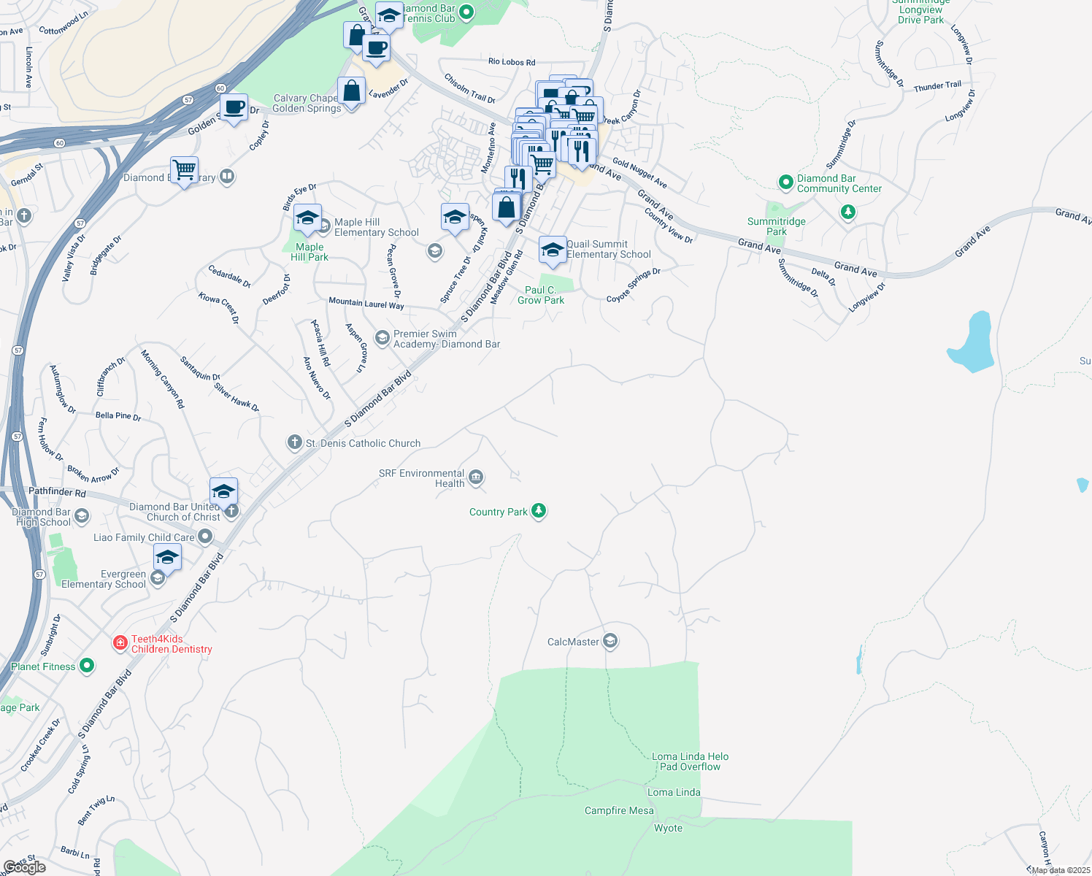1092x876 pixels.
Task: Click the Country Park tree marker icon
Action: pyautogui.click(x=539, y=510)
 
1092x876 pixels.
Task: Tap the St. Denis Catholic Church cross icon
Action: pyautogui.click(x=294, y=442)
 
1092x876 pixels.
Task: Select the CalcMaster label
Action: pyautogui.click(x=573, y=642)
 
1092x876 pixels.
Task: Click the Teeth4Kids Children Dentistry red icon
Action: pyautogui.click(x=120, y=642)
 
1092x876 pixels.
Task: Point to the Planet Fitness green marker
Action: pyautogui.click(x=87, y=666)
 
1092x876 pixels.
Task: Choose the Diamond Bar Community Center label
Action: pyautogui.click(x=839, y=183)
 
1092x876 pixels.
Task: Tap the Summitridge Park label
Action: pyautogui.click(x=776, y=226)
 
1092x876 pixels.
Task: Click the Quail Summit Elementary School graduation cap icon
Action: pyautogui.click(x=553, y=250)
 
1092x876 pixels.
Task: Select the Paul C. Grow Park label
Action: pyautogui.click(x=541, y=295)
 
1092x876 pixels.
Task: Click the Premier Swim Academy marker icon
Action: pyautogui.click(x=382, y=338)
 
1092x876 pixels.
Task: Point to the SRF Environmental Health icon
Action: pyautogui.click(x=476, y=477)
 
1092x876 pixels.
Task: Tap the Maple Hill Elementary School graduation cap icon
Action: pyautogui.click(x=307, y=218)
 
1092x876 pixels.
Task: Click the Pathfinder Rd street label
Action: pyautogui.click(x=57, y=492)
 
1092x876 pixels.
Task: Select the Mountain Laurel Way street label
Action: pyautogui.click(x=366, y=303)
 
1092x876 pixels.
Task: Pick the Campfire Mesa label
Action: pyautogui.click(x=619, y=810)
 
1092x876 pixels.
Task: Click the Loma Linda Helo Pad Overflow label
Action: pyautogui.click(x=690, y=761)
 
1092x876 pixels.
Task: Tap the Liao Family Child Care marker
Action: pyautogui.click(x=206, y=537)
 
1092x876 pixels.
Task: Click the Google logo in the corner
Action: pyautogui.click(x=24, y=867)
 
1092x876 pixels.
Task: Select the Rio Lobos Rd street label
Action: pyautogui.click(x=511, y=62)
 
